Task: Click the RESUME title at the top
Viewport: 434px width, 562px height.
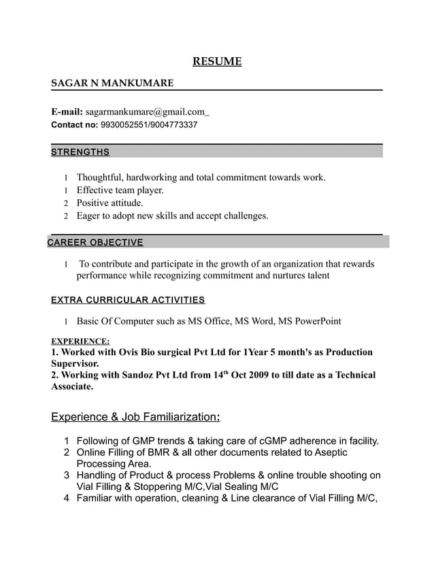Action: pos(217,63)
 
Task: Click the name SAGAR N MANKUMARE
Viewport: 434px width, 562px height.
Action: pos(112,83)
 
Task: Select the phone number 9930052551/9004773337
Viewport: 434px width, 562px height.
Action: pos(149,125)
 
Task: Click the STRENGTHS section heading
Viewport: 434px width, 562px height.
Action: pos(80,152)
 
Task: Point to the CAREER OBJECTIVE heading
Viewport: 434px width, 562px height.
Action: pos(95,242)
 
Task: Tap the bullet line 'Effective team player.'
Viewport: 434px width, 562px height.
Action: pos(120,191)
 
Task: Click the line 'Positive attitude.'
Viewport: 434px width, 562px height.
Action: pos(110,203)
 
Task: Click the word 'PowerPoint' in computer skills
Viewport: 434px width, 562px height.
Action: pos(318,320)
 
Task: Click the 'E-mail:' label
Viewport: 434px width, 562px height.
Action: pos(67,111)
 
